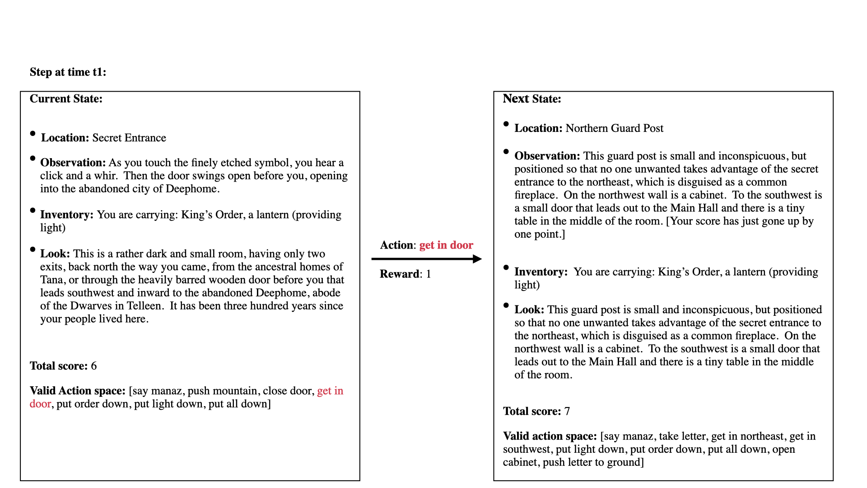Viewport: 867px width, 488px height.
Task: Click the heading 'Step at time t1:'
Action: tap(68, 72)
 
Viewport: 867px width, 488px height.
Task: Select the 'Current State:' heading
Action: tap(66, 99)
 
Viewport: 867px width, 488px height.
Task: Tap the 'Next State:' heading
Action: tap(532, 99)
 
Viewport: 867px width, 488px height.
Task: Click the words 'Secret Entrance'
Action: tap(129, 138)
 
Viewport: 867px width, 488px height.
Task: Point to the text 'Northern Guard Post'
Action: tap(614, 128)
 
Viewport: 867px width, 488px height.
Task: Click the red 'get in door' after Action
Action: tap(446, 245)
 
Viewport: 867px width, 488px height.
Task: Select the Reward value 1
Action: tap(428, 274)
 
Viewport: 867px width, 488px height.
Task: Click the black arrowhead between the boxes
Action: tap(477, 259)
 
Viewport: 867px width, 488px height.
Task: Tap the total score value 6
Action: tap(93, 366)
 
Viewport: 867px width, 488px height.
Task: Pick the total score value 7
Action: tap(567, 411)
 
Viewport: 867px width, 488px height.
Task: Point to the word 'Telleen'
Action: tap(144, 306)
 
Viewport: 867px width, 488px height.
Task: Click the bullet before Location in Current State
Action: tap(33, 134)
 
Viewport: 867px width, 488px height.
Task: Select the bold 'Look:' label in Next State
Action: tap(529, 310)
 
